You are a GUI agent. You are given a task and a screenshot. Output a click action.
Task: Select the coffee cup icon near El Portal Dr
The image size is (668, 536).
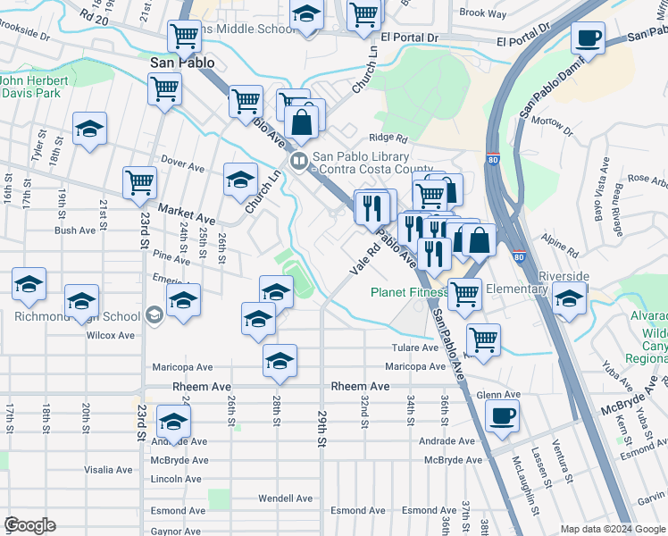(588, 38)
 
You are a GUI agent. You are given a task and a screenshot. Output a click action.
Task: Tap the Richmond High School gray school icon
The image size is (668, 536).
(154, 315)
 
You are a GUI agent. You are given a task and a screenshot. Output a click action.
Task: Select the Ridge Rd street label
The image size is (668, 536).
(388, 138)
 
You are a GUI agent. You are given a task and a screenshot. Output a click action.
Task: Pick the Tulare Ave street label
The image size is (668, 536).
(414, 348)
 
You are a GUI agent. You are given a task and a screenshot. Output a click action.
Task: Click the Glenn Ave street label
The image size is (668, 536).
(498, 395)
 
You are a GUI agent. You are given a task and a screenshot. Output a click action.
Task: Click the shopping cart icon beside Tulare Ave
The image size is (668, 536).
(483, 339)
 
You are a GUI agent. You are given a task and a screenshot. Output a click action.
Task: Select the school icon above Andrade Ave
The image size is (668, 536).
(173, 422)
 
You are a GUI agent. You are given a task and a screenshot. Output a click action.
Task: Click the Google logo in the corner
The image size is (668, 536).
(29, 525)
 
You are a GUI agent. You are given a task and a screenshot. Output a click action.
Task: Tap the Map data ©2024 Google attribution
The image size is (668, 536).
(612, 529)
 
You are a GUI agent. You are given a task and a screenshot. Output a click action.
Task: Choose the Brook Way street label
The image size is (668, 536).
(482, 13)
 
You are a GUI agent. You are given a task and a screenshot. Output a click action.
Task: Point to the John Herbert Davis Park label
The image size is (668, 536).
(36, 85)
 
